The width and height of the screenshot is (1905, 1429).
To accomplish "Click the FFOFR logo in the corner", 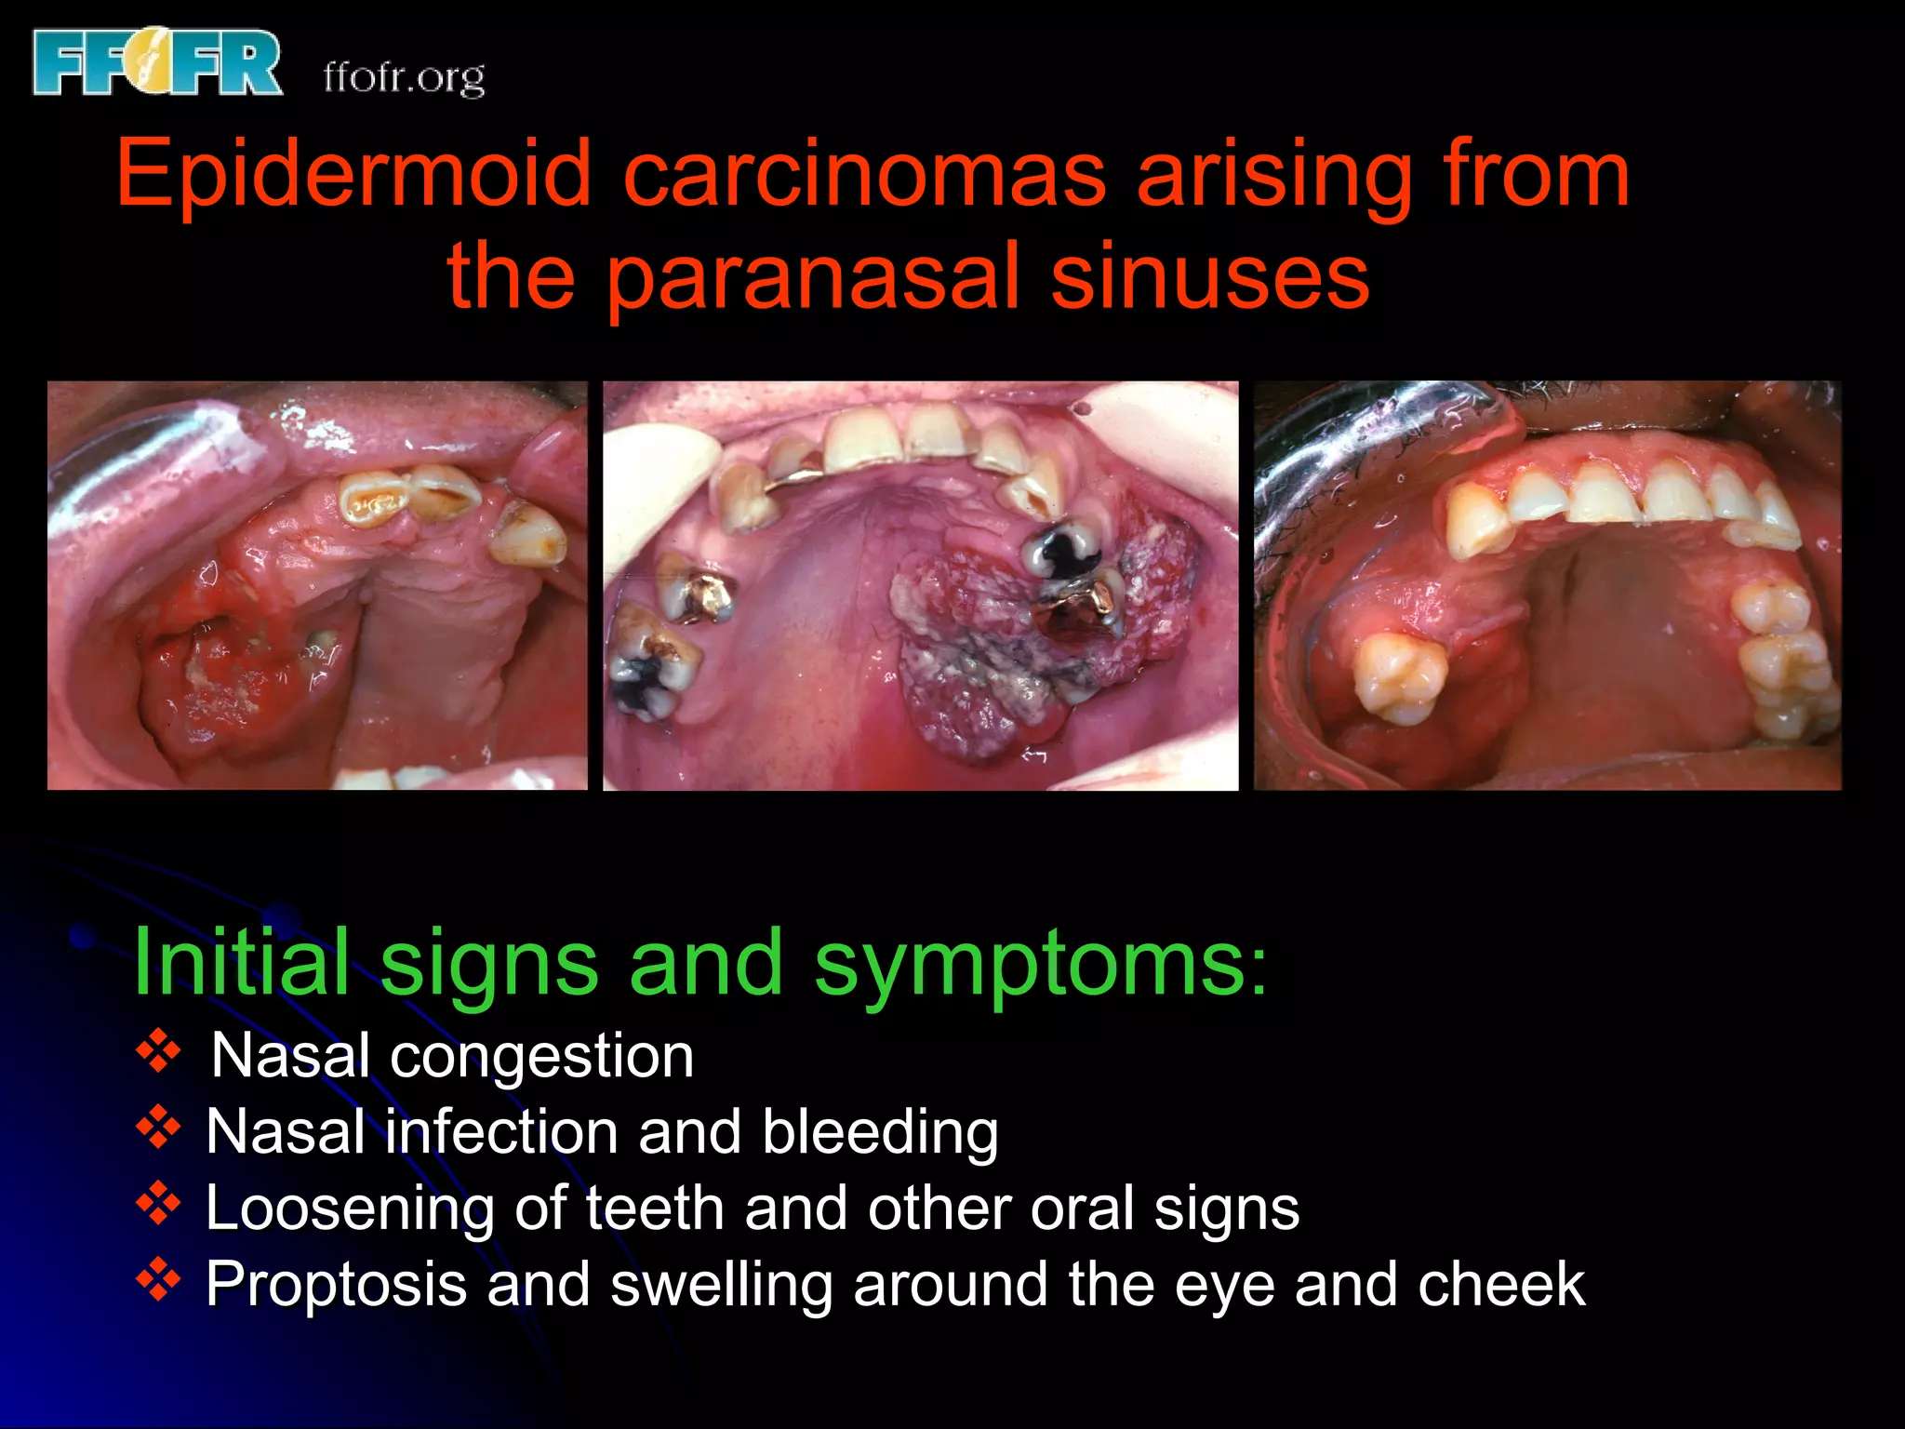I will coord(156,62).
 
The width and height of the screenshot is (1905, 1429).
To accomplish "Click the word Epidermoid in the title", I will coord(353,174).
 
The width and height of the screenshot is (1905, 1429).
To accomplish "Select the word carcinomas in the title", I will coord(864,174).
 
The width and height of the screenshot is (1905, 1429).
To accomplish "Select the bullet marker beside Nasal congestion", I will coord(158,1052).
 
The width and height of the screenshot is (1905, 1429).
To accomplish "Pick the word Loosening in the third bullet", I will coord(350,1210).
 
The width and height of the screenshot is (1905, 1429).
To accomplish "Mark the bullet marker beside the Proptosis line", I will coord(158,1281).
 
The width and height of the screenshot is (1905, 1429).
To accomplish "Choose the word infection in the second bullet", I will coord(501,1133).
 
